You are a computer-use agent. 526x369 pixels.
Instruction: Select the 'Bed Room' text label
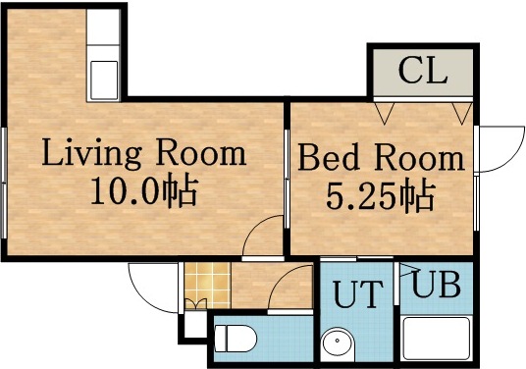[381, 159]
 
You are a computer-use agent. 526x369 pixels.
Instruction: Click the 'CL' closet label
[422, 72]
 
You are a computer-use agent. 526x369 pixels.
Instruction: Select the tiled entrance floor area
[201, 285]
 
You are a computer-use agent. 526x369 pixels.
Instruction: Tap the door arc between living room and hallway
[259, 236]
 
